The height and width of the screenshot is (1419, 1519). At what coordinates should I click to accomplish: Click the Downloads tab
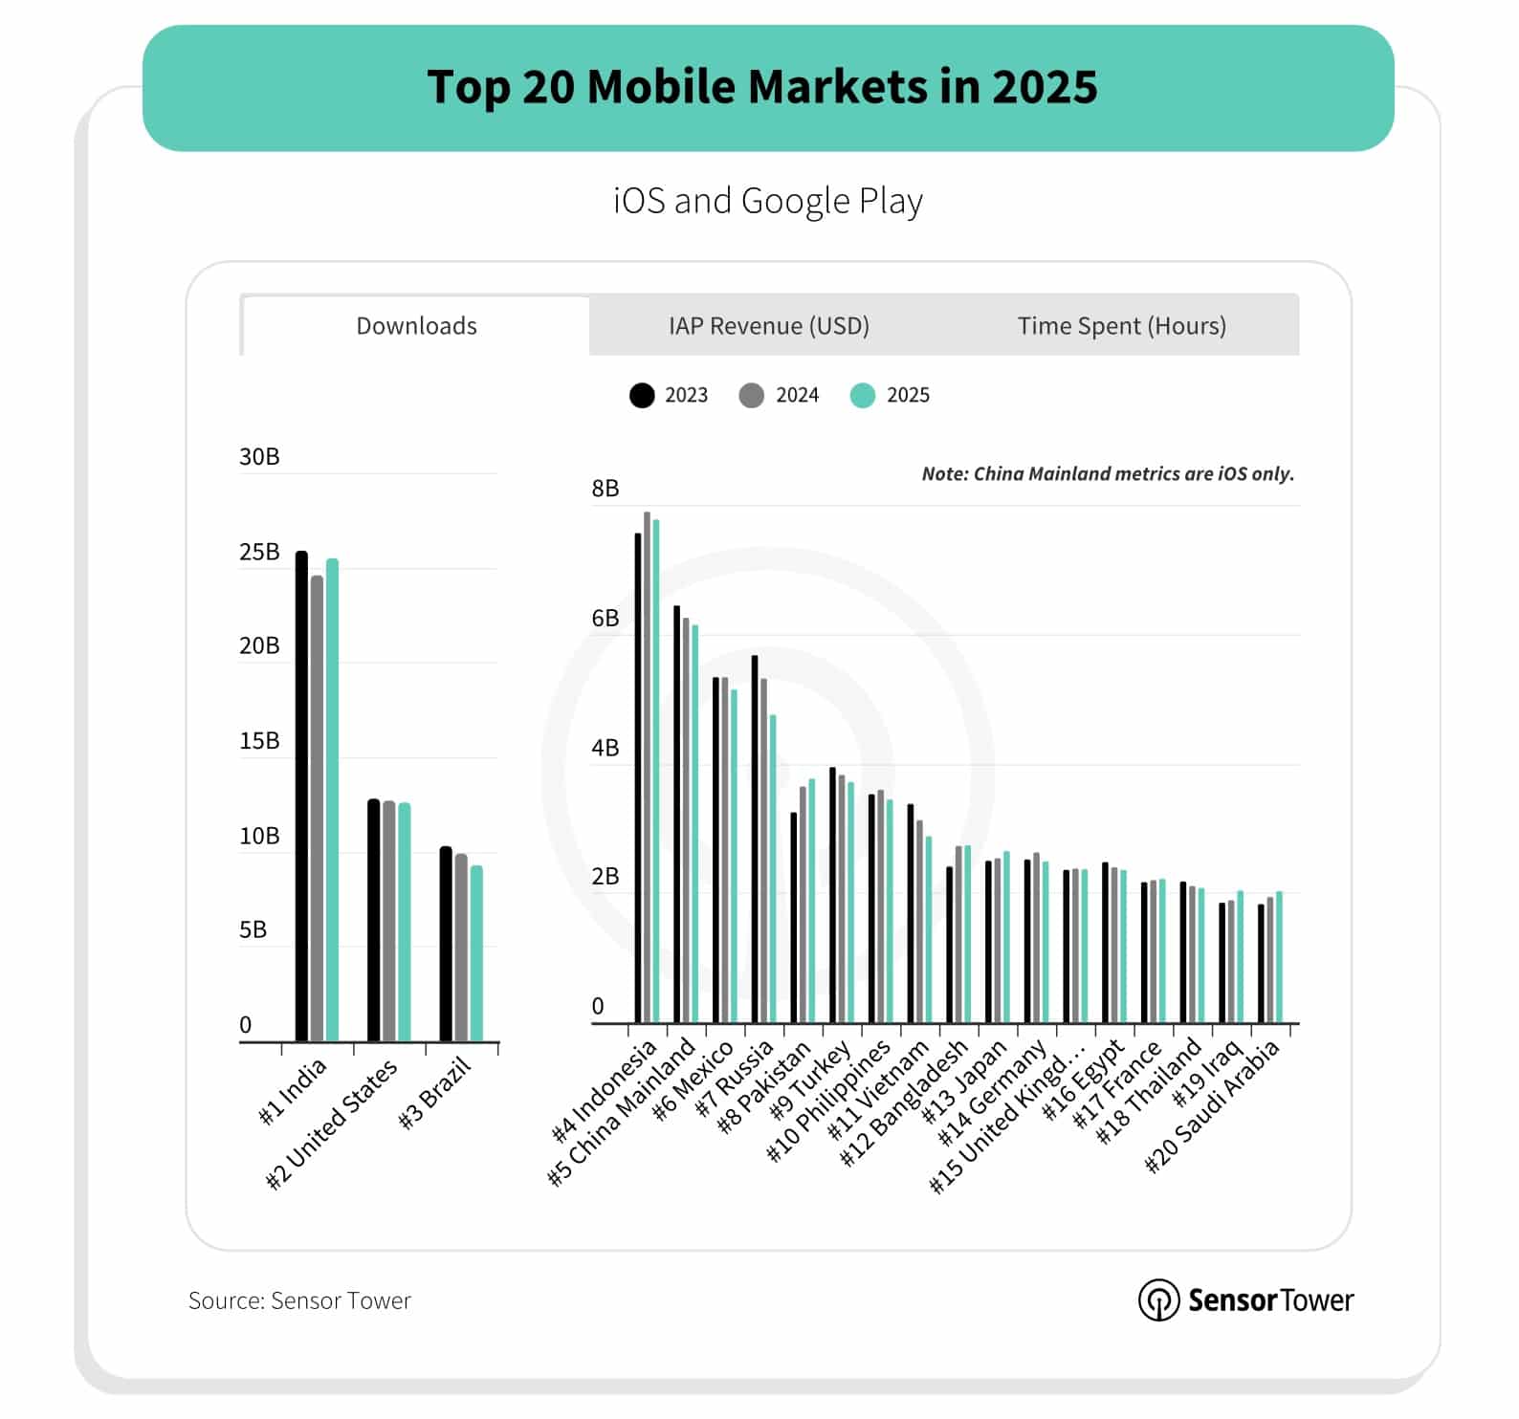point(416,326)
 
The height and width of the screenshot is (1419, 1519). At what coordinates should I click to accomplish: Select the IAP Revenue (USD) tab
point(768,326)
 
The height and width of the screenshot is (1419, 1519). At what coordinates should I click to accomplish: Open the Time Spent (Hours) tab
point(1121,326)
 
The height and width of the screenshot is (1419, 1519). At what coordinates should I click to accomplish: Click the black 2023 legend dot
point(642,395)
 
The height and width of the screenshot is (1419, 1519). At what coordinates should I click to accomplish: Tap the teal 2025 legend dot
point(863,395)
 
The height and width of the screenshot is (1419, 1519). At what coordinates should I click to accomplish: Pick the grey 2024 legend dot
point(752,395)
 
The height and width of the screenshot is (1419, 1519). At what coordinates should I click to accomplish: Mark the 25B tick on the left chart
point(259,552)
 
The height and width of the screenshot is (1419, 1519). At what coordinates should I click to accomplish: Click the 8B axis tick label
point(605,489)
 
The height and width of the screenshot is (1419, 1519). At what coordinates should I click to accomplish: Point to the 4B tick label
point(605,748)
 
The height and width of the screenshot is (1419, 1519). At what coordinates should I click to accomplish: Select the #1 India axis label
point(294,1090)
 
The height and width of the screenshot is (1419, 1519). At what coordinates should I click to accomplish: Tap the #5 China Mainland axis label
point(623,1111)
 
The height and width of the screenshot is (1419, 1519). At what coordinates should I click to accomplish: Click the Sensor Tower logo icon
point(1157,1300)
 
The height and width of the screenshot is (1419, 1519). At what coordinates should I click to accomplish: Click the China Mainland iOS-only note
point(1107,473)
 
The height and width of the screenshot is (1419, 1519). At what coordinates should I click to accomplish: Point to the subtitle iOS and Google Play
point(768,201)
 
